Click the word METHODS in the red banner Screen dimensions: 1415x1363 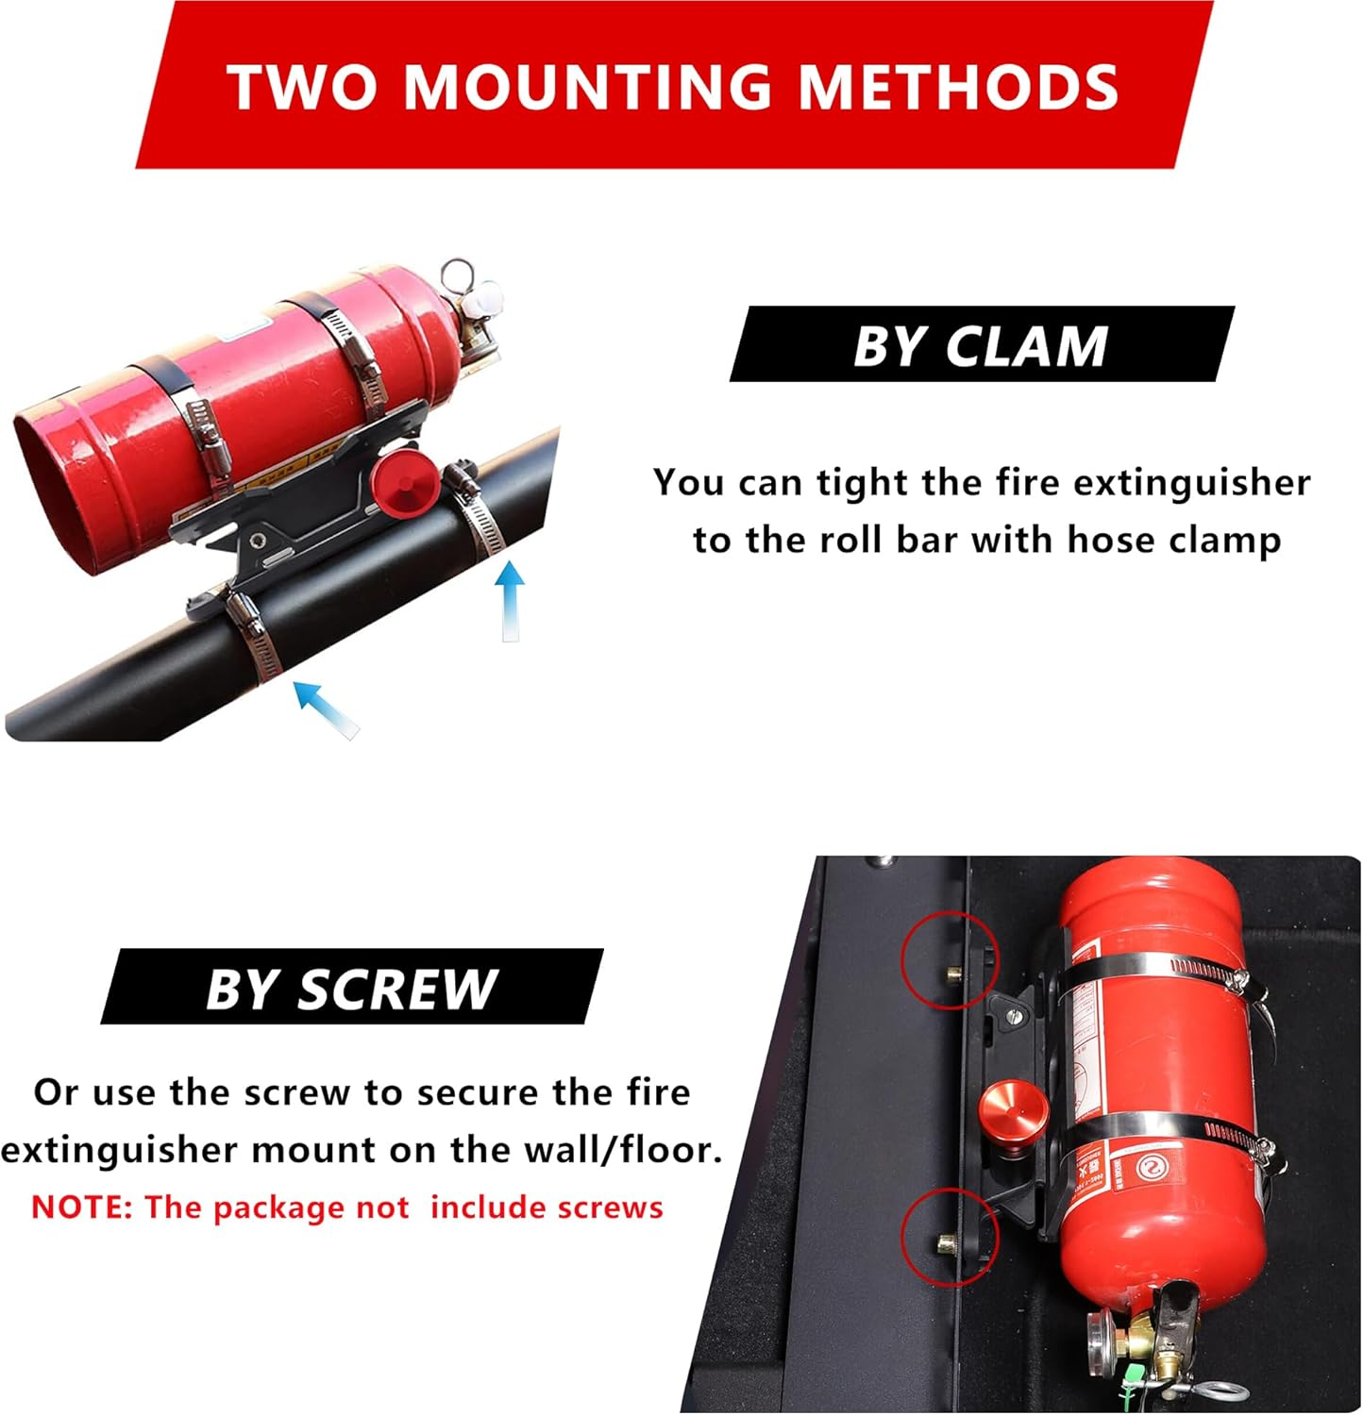958,87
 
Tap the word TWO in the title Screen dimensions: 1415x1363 302,87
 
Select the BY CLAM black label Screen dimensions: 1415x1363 981,345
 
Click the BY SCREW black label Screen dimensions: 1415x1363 351,989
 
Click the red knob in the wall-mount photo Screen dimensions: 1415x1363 1011,1119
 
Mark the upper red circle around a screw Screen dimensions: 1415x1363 949,959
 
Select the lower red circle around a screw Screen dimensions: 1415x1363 949,1236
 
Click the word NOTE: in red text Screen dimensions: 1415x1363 81,1207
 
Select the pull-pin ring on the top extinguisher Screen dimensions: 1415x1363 459,275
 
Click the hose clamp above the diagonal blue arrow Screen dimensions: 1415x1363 257,637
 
